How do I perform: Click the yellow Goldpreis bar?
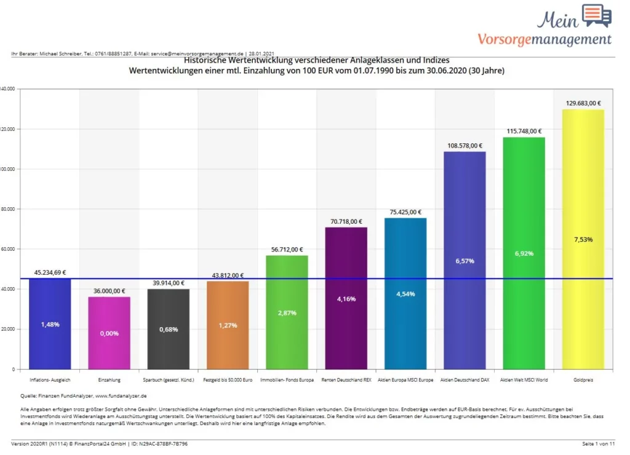point(583,240)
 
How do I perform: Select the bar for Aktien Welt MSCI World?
point(524,253)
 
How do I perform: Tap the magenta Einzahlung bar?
point(109,333)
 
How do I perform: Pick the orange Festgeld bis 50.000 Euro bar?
point(228,325)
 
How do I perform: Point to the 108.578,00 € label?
point(465,146)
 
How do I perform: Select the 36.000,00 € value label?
point(109,291)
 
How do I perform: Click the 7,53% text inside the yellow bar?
point(583,240)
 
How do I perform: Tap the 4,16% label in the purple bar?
point(346,299)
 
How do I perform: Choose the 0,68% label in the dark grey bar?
point(168,330)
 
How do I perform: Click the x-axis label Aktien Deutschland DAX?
point(465,380)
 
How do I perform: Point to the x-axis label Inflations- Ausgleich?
point(49,380)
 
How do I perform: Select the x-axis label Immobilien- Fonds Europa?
point(287,380)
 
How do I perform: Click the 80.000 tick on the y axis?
point(8,209)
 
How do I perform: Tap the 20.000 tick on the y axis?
point(8,329)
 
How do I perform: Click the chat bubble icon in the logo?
point(596,15)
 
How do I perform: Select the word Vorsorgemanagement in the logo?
point(544,40)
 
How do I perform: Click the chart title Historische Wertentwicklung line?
point(316,60)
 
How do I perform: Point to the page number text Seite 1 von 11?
point(599,443)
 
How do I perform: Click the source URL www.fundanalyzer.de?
point(121,397)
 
